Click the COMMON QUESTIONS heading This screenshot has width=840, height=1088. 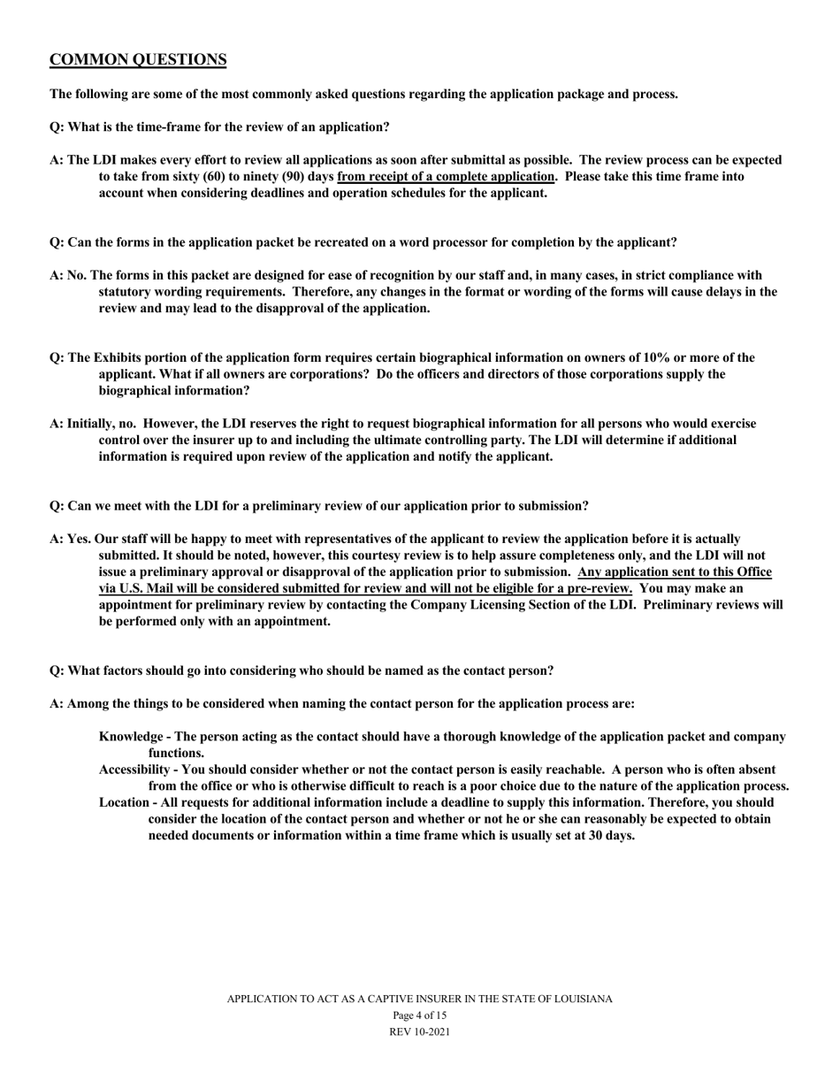(138, 60)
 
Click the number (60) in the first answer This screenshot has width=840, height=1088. (216, 177)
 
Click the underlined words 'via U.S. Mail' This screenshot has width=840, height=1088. (137, 588)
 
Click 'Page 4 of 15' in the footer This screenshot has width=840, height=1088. (419, 1015)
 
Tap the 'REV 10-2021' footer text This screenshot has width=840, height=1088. (419, 1032)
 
